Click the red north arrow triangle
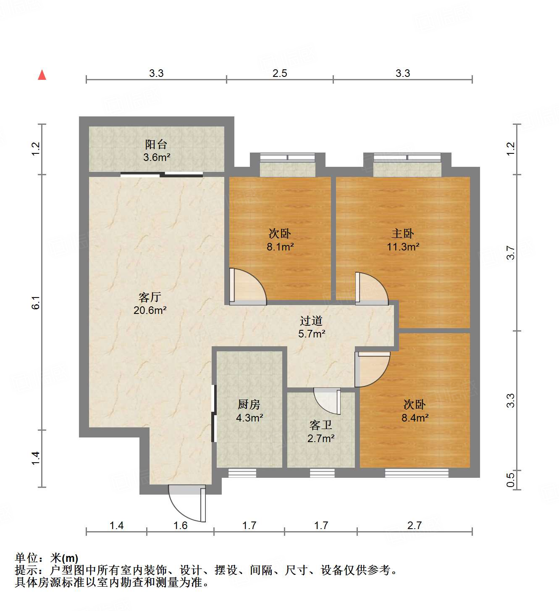point(42,75)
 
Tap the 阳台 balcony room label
point(156,145)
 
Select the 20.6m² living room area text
point(150,311)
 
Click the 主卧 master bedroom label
point(402,233)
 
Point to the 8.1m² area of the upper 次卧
point(280,247)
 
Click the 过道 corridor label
point(311,321)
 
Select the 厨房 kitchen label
point(249,404)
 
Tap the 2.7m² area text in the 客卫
point(321,438)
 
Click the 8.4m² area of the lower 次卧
point(415,418)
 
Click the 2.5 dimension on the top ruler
point(280,74)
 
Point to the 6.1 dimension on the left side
point(36,303)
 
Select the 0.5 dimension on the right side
point(510,480)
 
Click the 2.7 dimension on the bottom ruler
point(415,525)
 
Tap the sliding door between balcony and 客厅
point(162,175)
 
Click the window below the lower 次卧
point(417,473)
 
